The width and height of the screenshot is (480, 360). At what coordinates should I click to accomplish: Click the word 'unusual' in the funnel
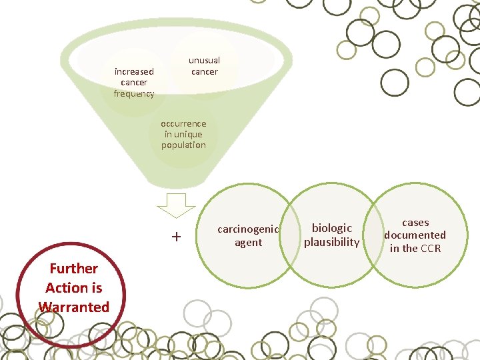(x=204, y=60)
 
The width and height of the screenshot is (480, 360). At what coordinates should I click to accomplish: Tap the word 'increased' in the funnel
(x=134, y=71)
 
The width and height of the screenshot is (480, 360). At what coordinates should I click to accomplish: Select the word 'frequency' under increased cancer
(x=134, y=93)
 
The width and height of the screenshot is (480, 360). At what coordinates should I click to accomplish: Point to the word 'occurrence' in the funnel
(x=183, y=123)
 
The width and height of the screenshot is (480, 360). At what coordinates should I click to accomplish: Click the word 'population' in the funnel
(x=183, y=145)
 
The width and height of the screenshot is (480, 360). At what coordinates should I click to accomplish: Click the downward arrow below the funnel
(x=176, y=205)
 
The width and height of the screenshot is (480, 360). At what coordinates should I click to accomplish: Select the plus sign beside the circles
(x=176, y=236)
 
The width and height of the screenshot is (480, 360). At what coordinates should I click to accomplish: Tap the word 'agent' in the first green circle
(x=248, y=243)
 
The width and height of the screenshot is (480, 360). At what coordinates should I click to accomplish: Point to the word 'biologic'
(x=332, y=228)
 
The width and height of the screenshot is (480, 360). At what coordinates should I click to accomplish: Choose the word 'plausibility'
(x=332, y=242)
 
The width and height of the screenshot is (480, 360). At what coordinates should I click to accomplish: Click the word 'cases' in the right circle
(x=415, y=223)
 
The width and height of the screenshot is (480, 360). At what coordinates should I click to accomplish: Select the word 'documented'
(x=415, y=235)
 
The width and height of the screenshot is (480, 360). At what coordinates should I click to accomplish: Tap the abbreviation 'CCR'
(x=431, y=249)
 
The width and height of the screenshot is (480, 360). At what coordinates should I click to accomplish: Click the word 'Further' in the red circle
(x=73, y=268)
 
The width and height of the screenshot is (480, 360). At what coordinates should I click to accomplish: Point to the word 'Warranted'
(x=73, y=307)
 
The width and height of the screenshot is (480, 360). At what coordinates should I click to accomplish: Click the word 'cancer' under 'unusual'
(x=204, y=71)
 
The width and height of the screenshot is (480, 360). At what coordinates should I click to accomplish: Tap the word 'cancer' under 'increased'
(x=134, y=82)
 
